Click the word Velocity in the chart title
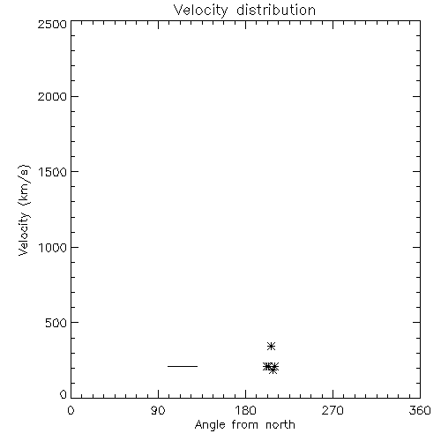pos(200,11)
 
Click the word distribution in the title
pos(276,10)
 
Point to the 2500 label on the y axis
pos(52,24)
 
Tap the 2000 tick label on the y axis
pos(52,97)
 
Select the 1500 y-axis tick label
pos(53,172)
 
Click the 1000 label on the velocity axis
pos(53,248)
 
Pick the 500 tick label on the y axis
pos(56,323)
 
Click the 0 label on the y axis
pos(64,394)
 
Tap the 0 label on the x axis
pos(71,410)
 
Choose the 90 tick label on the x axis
pos(158,410)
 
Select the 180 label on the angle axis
pos(245,410)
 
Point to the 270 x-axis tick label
pos(333,410)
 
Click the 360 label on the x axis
pos(420,410)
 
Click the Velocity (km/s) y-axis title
pos(24,210)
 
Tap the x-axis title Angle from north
pos(245,425)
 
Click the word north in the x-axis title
pos(280,425)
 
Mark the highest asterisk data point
pos(271,346)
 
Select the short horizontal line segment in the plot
pos(183,366)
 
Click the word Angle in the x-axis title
pos(210,426)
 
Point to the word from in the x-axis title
pos(245,425)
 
